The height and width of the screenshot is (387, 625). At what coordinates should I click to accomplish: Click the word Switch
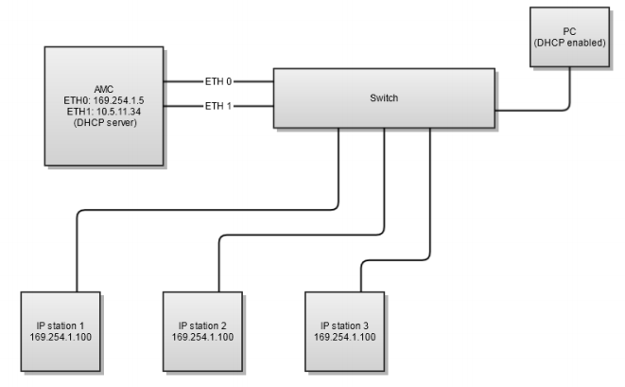pyautogui.click(x=384, y=97)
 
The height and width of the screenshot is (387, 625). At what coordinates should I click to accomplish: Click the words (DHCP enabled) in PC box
pyautogui.click(x=569, y=44)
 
